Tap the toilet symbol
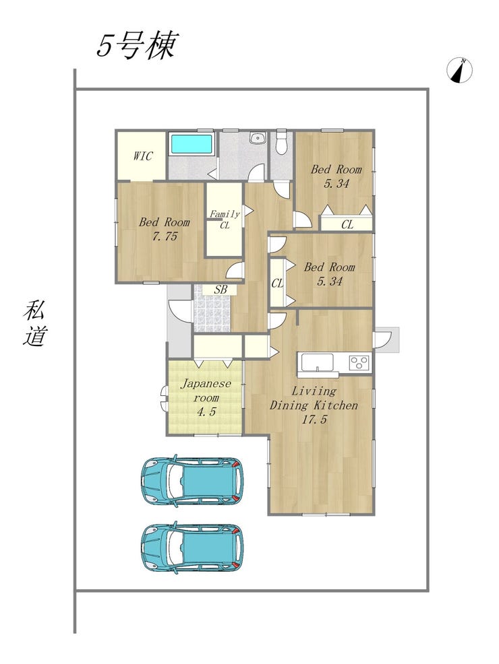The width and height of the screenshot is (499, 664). tap(281, 143)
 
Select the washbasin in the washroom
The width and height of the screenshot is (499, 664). tap(257, 137)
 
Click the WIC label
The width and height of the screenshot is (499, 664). tap(142, 156)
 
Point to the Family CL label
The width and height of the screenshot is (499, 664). tap(225, 220)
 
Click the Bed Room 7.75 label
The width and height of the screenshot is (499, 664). tap(165, 229)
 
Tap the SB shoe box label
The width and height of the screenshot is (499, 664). tap(220, 290)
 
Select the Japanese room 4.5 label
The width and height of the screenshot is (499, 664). tap(206, 397)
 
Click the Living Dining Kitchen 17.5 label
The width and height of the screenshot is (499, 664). tap(314, 405)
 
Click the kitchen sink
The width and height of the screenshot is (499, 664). tap(317, 362)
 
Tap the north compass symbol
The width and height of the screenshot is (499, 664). tap(460, 70)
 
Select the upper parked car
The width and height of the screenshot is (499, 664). tap(192, 481)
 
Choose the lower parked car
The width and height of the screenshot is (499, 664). tap(192, 548)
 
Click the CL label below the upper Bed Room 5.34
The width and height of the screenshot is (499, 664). tap(347, 224)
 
